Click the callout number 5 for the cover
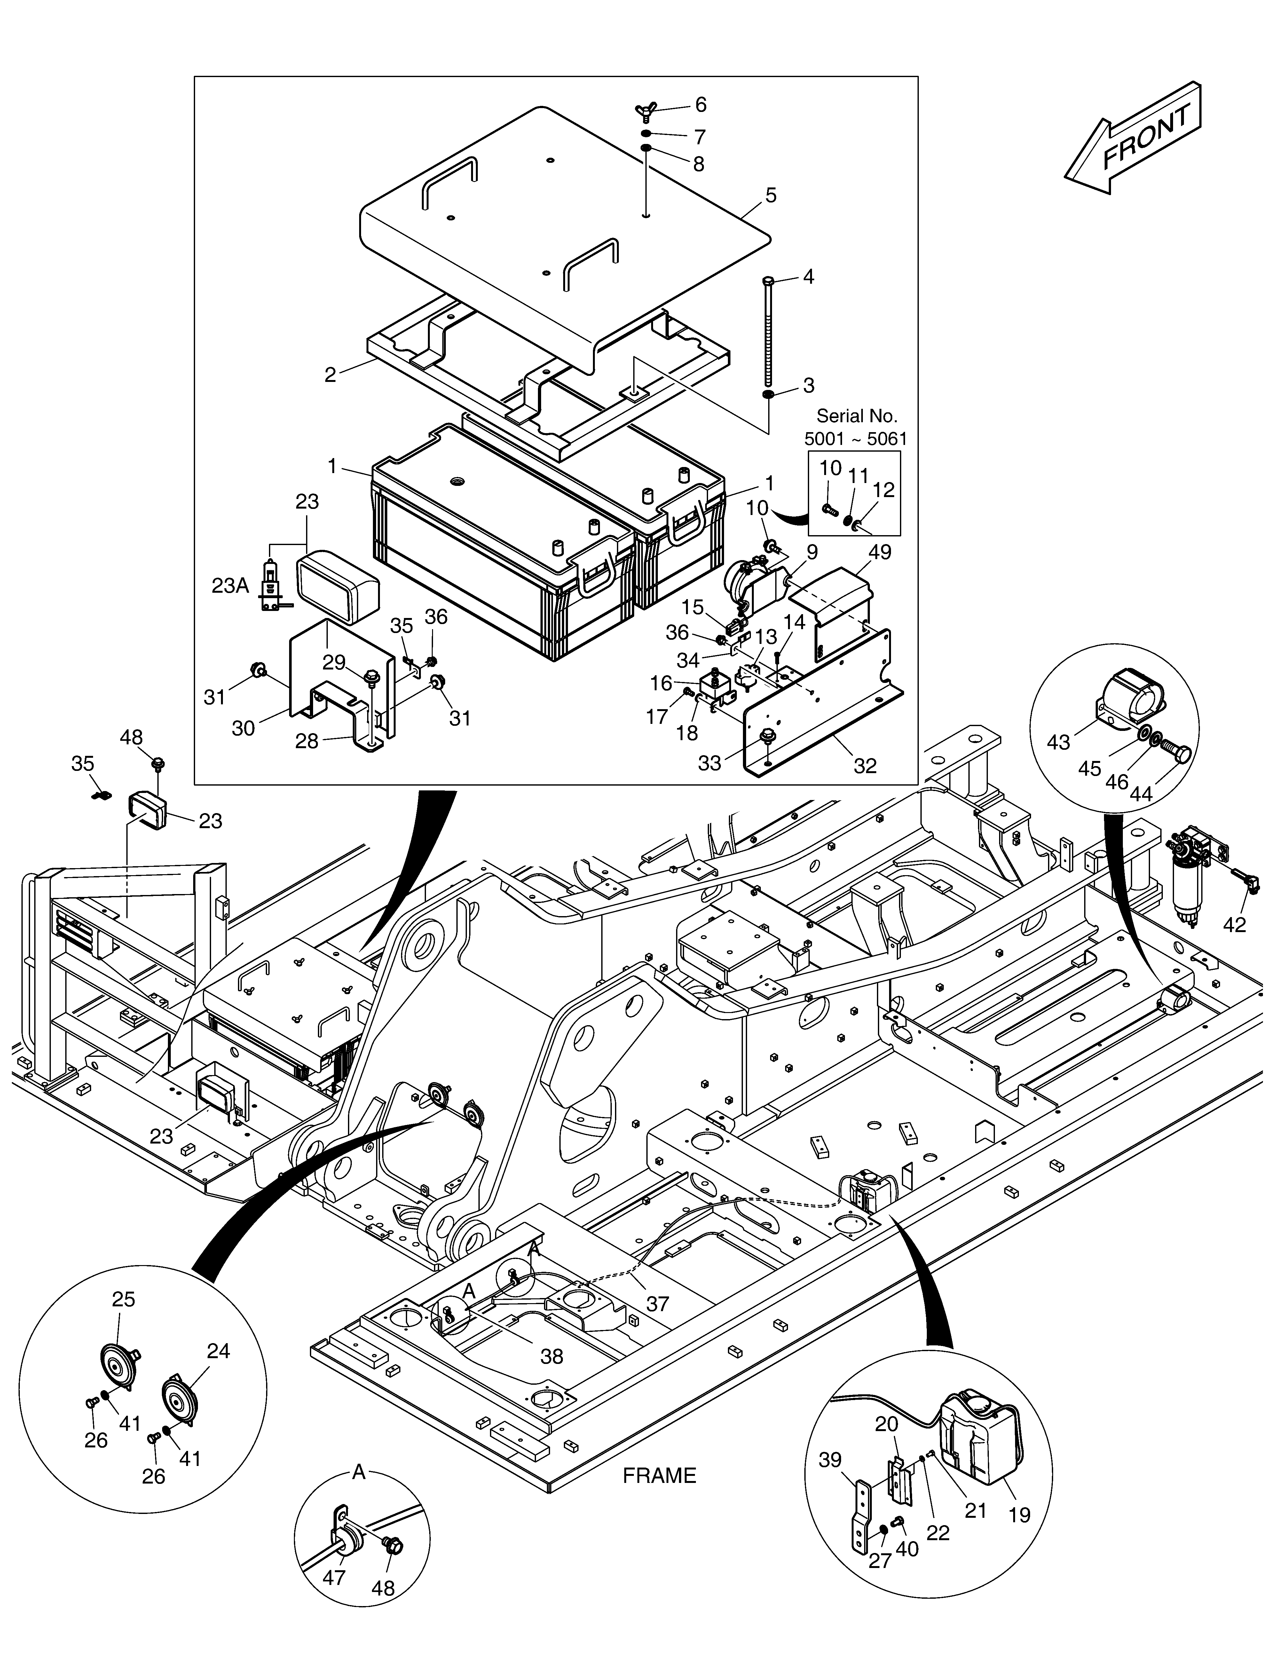click(x=771, y=196)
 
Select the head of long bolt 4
click(x=767, y=281)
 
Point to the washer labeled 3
click(x=768, y=394)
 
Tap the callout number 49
click(x=880, y=551)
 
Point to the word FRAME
click(x=659, y=1476)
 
